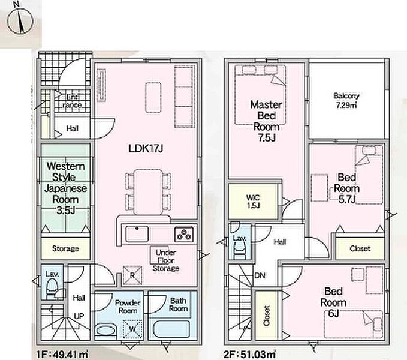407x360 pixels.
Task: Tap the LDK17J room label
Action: click(146, 149)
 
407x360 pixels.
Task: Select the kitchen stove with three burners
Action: click(184, 234)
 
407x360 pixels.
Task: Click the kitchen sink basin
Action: click(137, 234)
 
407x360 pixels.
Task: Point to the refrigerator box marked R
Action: click(132, 275)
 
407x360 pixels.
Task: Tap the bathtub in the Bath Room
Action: click(171, 329)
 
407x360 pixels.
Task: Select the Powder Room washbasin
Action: click(105, 331)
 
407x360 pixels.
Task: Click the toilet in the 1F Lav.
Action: click(52, 289)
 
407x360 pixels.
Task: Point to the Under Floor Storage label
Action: click(166, 260)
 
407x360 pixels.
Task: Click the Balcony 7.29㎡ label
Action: click(346, 100)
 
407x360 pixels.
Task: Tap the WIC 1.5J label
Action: click(253, 201)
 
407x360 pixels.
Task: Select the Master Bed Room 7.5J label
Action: click(266, 121)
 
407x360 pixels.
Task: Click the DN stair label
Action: click(260, 275)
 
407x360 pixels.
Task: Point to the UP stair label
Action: click(79, 316)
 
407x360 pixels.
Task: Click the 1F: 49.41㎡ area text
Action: click(62, 354)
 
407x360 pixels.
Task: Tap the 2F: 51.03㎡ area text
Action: click(249, 354)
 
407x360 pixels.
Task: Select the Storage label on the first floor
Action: click(65, 248)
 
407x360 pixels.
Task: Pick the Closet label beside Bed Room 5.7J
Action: click(360, 248)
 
